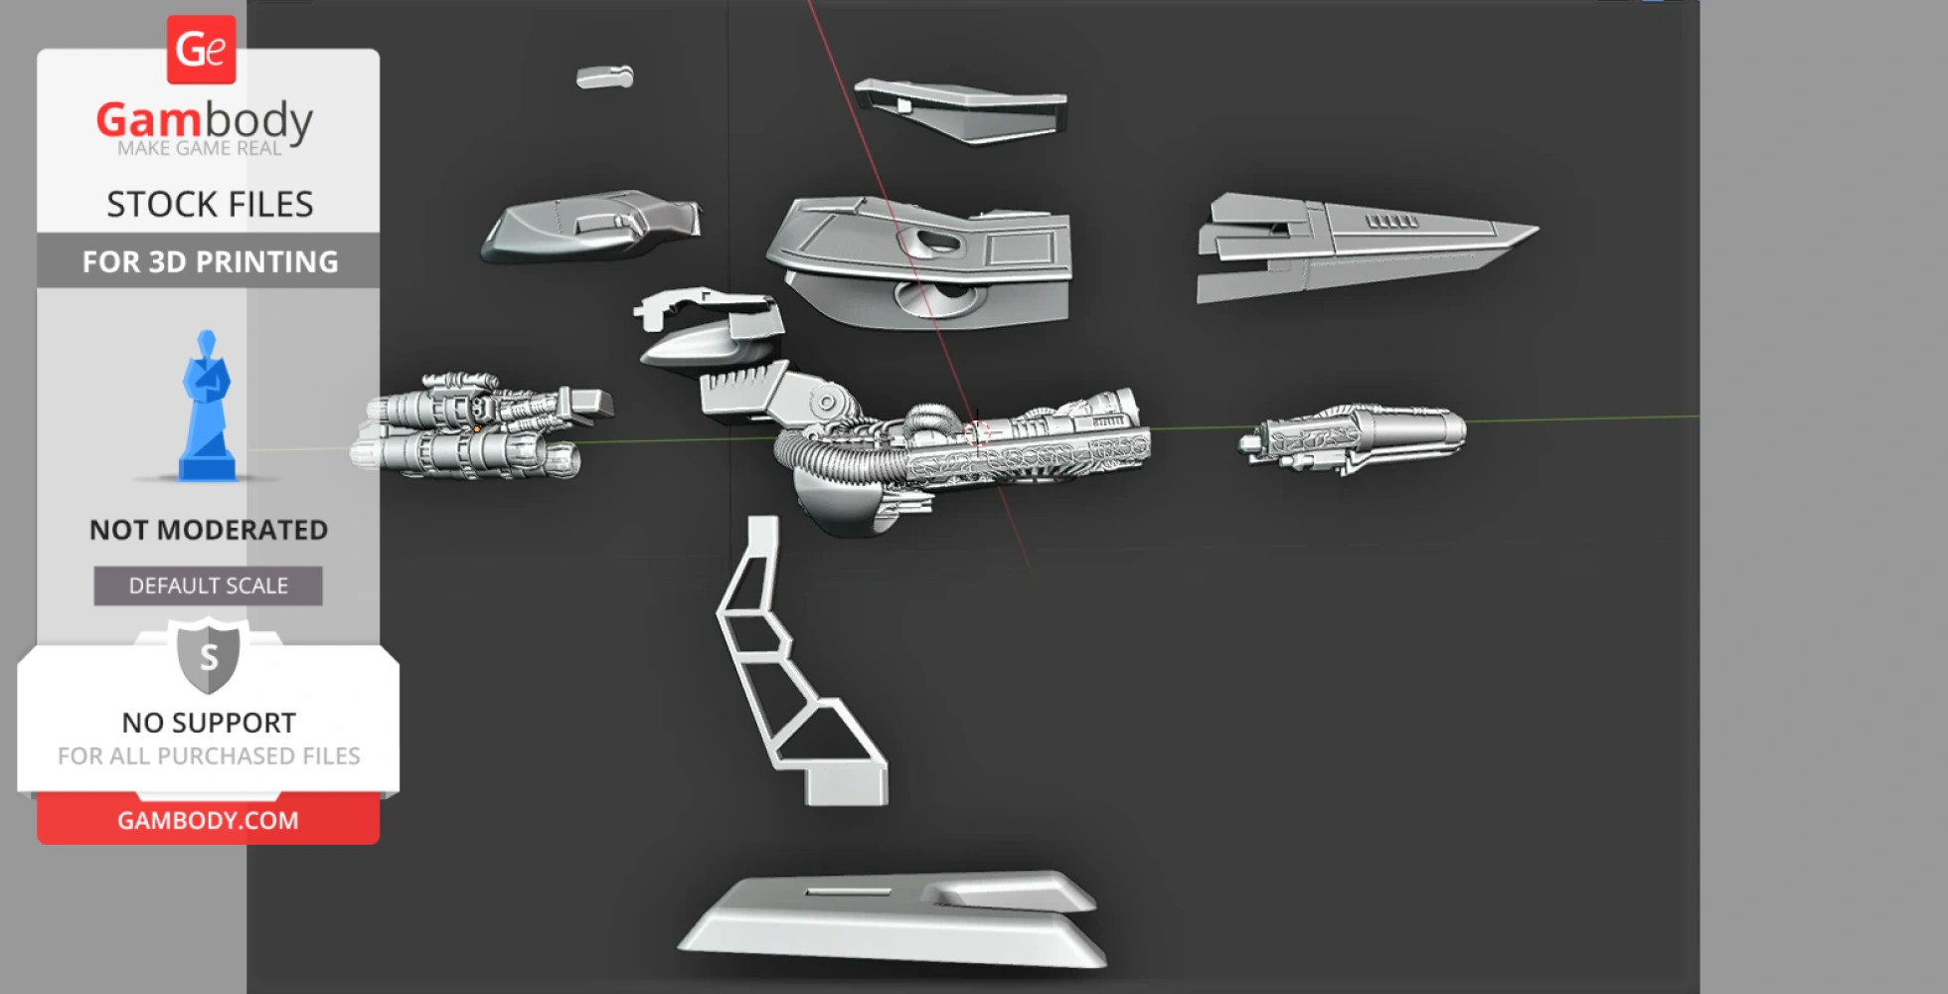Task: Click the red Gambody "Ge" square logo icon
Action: [x=201, y=50]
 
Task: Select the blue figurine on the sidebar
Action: [x=207, y=406]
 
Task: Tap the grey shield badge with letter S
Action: [x=209, y=656]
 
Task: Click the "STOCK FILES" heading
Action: [x=210, y=204]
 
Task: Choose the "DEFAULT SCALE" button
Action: [x=209, y=585]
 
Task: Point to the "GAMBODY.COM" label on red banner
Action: [x=208, y=820]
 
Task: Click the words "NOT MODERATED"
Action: [x=209, y=530]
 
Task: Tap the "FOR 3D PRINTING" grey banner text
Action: [x=210, y=261]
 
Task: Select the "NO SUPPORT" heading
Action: [x=209, y=723]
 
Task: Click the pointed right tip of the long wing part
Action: [x=1539, y=231]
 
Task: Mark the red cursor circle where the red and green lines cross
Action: [x=977, y=433]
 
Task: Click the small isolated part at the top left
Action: [x=604, y=77]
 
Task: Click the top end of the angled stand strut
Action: [x=763, y=519]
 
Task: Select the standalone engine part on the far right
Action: [x=1352, y=438]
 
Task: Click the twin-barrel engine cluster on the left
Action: [x=482, y=426]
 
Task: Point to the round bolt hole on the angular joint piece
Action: [x=826, y=403]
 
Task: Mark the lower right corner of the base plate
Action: [x=1104, y=964]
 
